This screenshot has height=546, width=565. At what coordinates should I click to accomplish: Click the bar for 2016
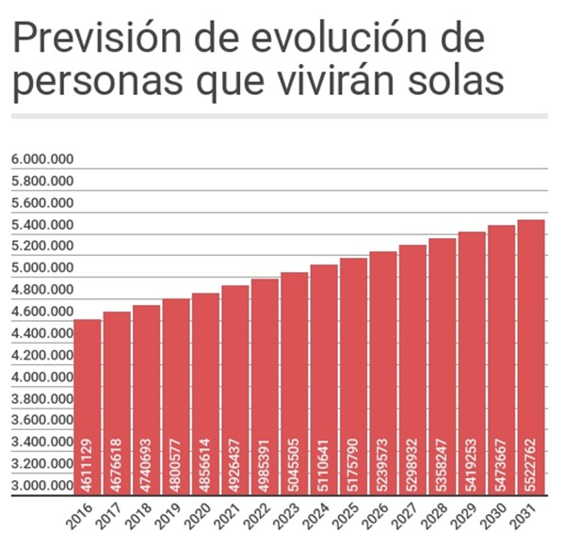[88, 405]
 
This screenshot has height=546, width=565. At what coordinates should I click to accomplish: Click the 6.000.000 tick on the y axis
[41, 160]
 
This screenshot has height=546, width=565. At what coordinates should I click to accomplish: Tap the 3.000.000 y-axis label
[41, 486]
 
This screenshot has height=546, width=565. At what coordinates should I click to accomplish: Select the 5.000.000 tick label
[41, 268]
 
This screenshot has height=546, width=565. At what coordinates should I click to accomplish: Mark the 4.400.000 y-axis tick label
[41, 333]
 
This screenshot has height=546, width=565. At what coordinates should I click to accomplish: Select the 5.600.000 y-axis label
[41, 203]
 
